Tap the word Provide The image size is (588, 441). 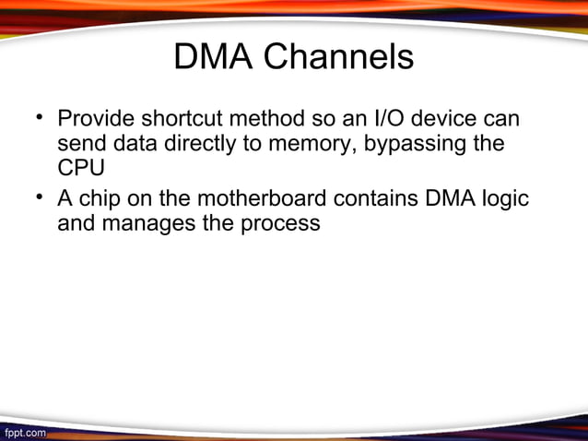pos(95,120)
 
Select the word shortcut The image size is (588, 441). pos(180,120)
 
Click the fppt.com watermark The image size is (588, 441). pos(25,432)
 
